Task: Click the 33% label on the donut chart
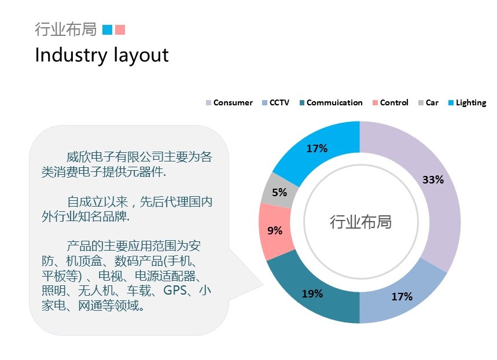tap(433, 180)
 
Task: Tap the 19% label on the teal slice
tap(312, 293)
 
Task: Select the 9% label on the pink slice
tap(275, 230)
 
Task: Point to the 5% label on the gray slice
tap(279, 192)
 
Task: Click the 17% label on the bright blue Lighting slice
tap(316, 148)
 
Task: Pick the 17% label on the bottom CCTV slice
tap(402, 297)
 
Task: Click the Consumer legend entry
tap(229, 103)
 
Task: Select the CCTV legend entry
tap(276, 103)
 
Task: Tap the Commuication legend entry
tap(331, 103)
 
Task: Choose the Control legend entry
tap(391, 103)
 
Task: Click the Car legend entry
tap(428, 103)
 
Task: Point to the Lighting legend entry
tap(467, 103)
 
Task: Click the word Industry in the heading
tap(71, 56)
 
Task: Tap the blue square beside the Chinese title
tap(107, 30)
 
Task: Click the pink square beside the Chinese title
tap(120, 30)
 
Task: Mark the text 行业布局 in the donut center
tap(360, 222)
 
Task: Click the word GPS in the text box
tap(175, 290)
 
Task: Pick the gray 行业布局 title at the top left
tap(65, 29)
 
